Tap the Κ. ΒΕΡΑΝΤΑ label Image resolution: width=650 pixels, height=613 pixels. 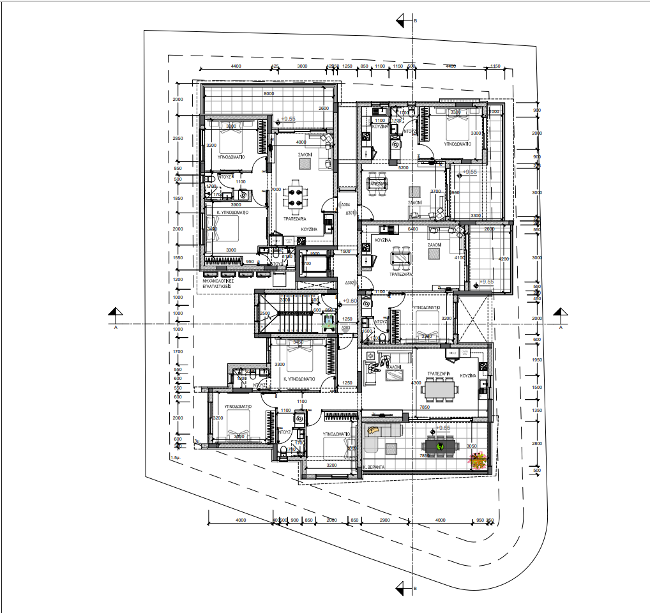click(x=373, y=467)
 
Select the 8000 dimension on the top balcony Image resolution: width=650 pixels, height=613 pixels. click(x=269, y=94)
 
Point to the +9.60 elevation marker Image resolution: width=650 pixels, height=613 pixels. click(x=349, y=301)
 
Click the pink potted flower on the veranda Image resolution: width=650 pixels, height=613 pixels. click(x=478, y=458)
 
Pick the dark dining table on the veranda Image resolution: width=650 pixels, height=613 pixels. click(x=441, y=446)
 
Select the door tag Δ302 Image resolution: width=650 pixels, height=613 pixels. click(x=349, y=283)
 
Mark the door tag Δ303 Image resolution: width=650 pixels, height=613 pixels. click(x=345, y=328)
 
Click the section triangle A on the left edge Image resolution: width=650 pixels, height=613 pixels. click(x=115, y=313)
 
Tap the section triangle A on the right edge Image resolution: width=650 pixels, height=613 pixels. click(x=560, y=313)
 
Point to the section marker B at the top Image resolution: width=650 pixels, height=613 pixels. click(x=402, y=21)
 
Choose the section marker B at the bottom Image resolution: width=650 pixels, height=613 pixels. click(x=402, y=587)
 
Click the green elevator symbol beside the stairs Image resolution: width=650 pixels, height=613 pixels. click(x=329, y=323)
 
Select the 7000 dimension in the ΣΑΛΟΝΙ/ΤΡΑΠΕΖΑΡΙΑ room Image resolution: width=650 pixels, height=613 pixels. click(x=276, y=190)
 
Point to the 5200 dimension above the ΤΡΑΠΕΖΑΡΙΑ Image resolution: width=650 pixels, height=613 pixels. click(x=403, y=168)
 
